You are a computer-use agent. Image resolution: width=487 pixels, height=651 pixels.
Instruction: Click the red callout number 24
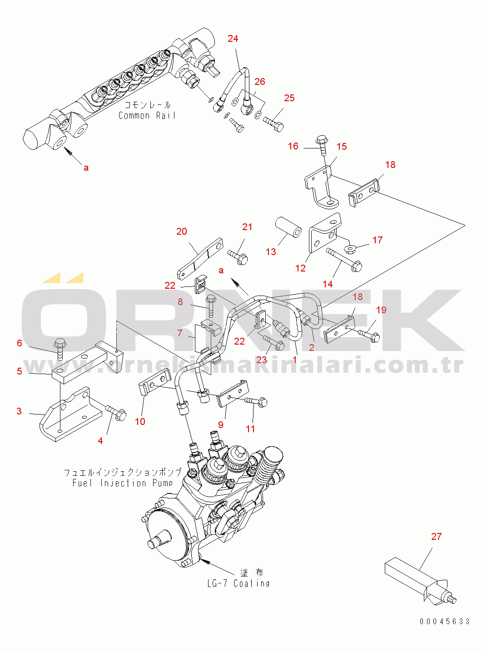click(233, 39)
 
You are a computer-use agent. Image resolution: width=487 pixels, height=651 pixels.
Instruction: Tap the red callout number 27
click(436, 536)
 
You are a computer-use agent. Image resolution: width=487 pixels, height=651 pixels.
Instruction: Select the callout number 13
click(271, 252)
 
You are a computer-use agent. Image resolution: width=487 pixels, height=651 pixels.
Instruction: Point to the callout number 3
click(19, 411)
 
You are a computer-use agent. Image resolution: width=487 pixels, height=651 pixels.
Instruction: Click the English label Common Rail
click(147, 115)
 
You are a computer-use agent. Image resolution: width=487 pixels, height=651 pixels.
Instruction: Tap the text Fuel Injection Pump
click(122, 483)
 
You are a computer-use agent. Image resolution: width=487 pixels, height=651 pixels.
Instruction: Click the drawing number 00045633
click(445, 621)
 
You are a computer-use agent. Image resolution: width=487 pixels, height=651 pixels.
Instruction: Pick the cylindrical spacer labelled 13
click(288, 235)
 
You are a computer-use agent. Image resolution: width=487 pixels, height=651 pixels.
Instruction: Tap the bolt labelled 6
click(60, 350)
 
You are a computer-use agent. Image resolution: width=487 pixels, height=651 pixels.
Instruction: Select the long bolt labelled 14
click(344, 260)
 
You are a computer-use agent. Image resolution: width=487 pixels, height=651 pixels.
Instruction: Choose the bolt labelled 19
click(369, 335)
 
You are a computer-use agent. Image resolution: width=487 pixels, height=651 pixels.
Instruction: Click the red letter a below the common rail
click(86, 168)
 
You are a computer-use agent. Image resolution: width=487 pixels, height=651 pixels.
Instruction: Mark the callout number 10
click(140, 421)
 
